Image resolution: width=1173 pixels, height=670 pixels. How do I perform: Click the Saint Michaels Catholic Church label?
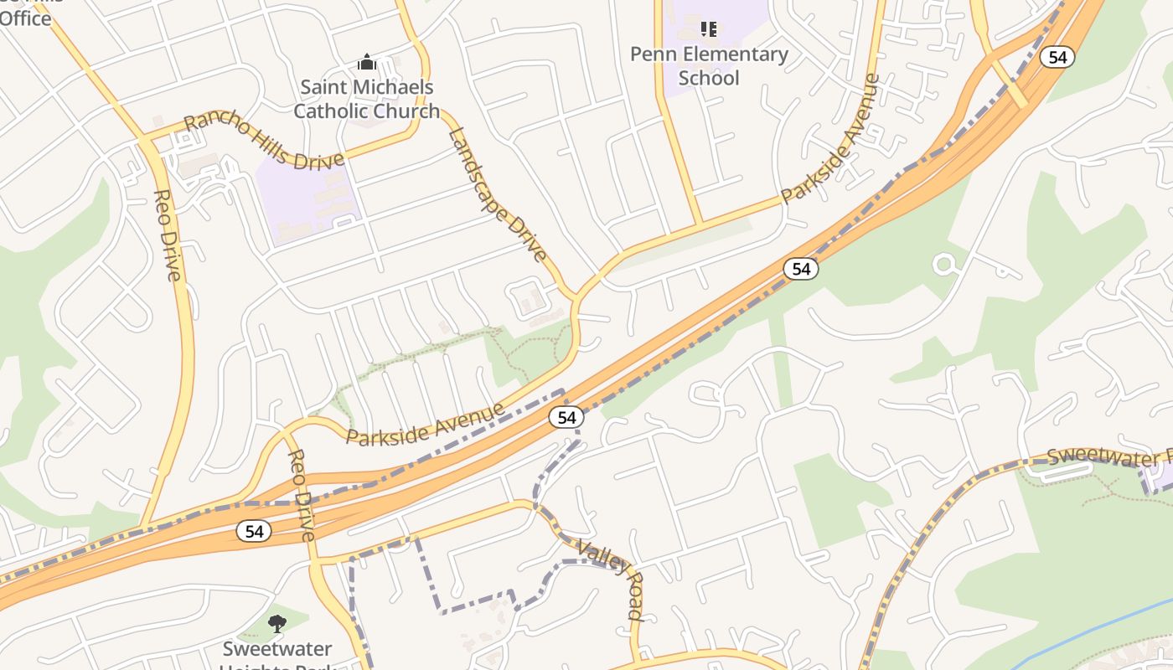[366, 99]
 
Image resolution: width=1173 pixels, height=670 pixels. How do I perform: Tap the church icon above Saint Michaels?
[366, 62]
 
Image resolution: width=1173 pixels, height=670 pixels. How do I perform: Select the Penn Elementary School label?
[709, 66]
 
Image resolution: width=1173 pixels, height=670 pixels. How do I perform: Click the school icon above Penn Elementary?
[709, 29]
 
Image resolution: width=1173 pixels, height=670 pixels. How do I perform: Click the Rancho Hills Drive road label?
[263, 139]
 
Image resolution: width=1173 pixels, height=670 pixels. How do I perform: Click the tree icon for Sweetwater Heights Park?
[277, 624]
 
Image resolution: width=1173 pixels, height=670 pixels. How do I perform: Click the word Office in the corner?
[25, 18]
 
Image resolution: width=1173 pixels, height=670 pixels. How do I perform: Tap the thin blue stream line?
[1089, 633]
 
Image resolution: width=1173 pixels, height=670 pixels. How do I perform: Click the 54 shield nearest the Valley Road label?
[566, 417]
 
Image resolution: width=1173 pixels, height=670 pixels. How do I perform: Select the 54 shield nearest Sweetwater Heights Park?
[253, 531]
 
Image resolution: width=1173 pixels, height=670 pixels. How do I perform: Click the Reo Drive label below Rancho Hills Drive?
[168, 235]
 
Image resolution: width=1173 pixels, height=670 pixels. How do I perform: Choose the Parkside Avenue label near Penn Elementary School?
[830, 139]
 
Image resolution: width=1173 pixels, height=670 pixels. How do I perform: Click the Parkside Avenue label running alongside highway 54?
[426, 425]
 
